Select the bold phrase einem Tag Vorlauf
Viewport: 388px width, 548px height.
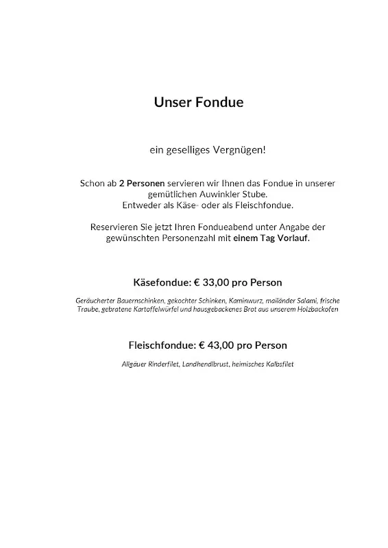pos(270,238)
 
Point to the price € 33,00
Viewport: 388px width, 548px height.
pos(215,282)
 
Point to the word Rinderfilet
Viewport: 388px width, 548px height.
pos(162,364)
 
